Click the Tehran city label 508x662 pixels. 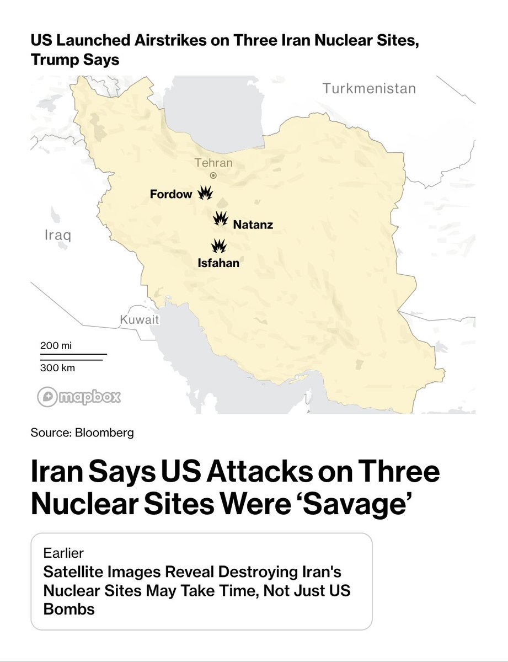coord(213,163)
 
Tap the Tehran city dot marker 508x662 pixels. coord(213,175)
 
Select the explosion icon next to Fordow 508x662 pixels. coord(205,193)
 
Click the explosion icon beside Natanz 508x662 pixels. coord(221,218)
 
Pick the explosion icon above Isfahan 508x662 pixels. coord(219,245)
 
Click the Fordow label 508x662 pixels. coord(171,194)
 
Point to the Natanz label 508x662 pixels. coord(253,225)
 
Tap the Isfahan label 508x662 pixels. coord(218,263)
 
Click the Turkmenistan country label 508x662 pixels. coord(369,88)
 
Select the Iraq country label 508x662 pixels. coord(57,236)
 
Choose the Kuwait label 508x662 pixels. coord(139,320)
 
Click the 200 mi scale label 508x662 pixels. coord(56,346)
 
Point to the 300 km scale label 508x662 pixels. coord(57,368)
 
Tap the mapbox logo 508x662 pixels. coord(79,397)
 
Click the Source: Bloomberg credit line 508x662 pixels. coord(82,433)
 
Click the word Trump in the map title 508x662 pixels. coord(54,60)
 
